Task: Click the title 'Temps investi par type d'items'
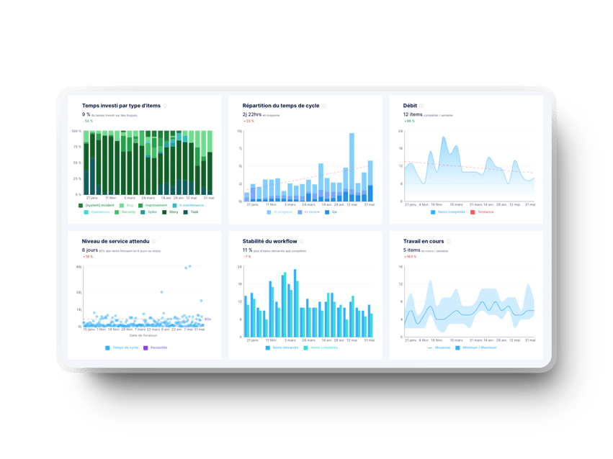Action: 121,105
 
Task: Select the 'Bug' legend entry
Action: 130,205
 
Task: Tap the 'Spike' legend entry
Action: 152,212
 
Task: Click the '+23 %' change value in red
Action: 249,121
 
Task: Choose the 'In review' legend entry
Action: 311,212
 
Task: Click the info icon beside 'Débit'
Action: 422,106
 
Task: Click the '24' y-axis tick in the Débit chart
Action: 401,132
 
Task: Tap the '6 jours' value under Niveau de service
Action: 89,250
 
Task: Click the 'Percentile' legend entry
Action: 157,347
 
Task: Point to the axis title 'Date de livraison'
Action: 143,335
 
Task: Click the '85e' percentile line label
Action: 207,319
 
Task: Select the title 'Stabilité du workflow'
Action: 273,241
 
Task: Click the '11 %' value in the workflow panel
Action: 247,250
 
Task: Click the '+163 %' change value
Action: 410,256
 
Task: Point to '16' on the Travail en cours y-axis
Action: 401,267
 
